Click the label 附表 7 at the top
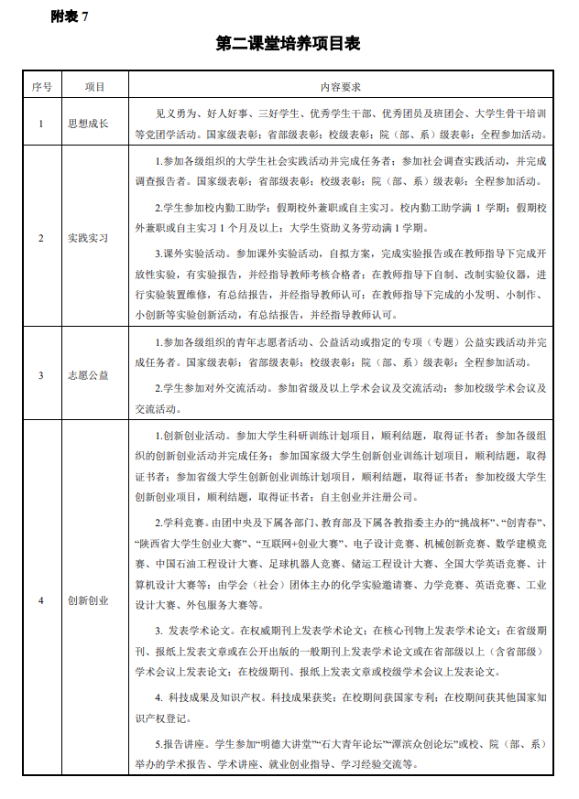tap(70, 16)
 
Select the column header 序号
tap(40, 87)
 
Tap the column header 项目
tap(94, 87)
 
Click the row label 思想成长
tap(88, 123)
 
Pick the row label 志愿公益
tap(88, 374)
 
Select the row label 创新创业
tap(88, 600)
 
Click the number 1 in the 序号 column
tap(40, 123)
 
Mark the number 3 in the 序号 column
tap(40, 374)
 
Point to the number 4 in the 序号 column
tap(40, 600)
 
